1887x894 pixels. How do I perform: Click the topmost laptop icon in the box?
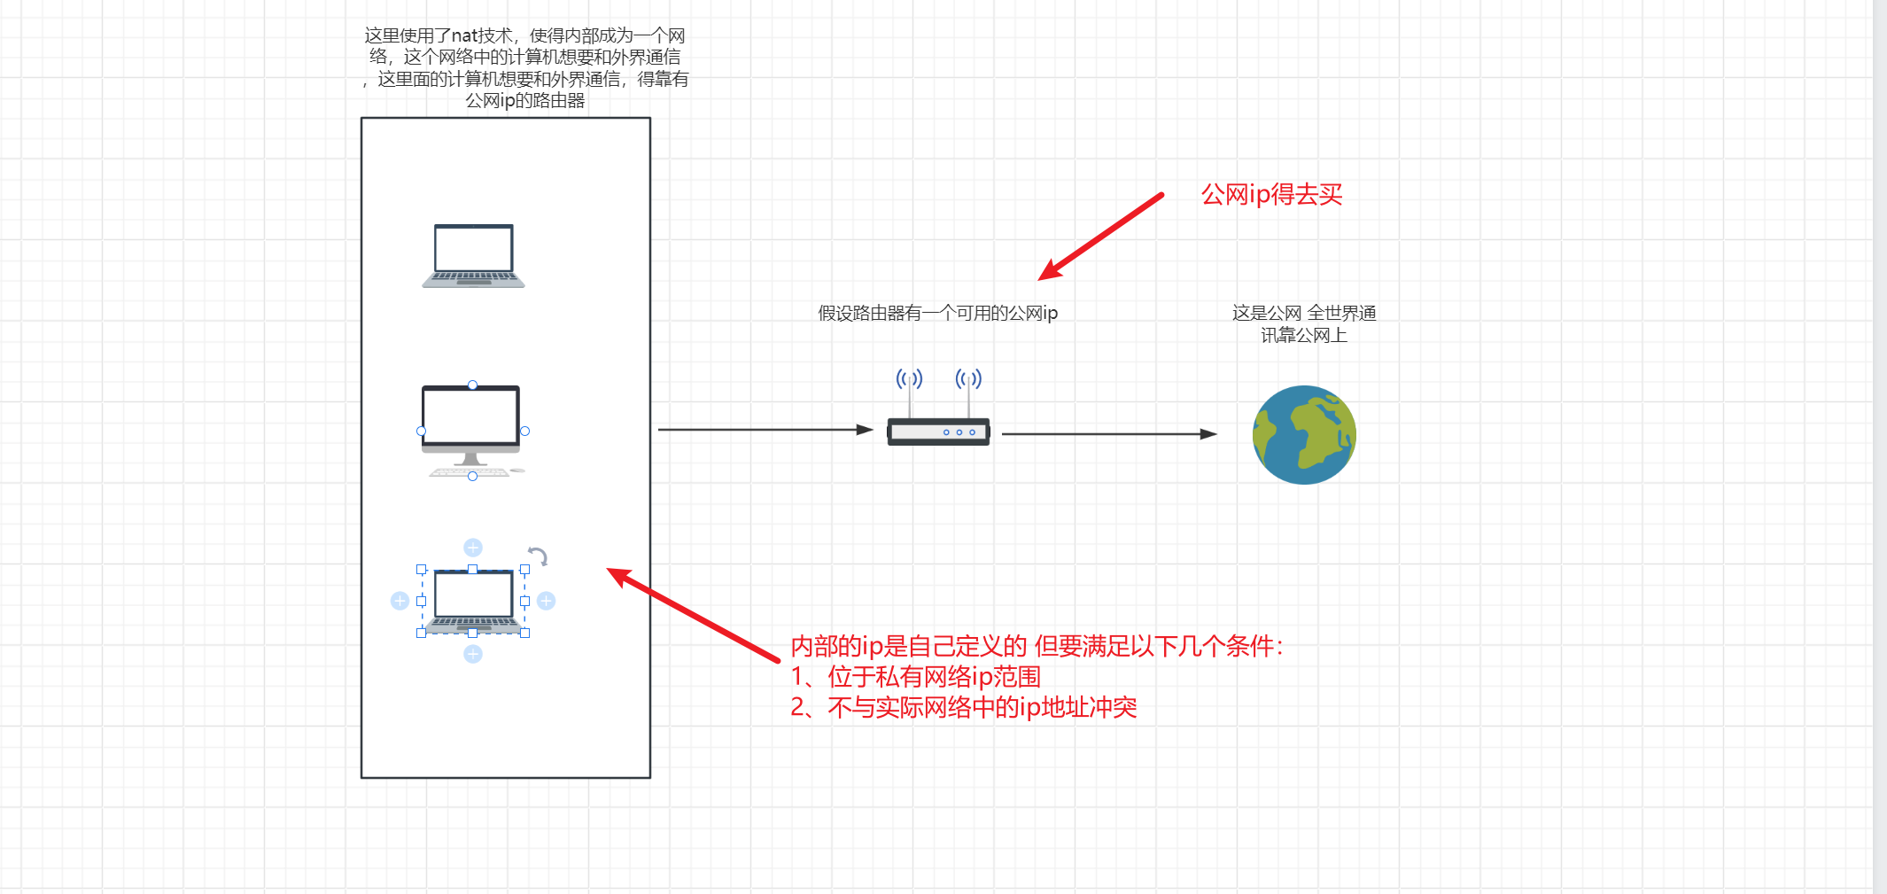coord(473,256)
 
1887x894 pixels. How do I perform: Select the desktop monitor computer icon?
coord(472,431)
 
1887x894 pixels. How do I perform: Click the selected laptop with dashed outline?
coord(473,602)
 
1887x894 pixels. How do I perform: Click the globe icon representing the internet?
coord(1304,435)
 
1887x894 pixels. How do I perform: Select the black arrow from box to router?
coord(765,430)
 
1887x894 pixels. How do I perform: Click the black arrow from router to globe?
coord(1109,434)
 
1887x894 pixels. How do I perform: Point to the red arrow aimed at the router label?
coord(1101,237)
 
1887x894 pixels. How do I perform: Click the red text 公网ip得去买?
coord(1271,194)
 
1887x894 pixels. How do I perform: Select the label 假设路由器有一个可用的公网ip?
coord(937,313)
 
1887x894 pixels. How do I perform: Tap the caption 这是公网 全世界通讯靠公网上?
coord(1304,323)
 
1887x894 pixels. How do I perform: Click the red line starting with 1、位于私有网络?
coord(915,677)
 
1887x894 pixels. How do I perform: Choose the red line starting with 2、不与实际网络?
coord(963,707)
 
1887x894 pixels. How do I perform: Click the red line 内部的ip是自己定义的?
coord(1037,646)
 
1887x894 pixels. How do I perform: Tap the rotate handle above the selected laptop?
coord(538,556)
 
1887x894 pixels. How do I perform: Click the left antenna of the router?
coord(909,393)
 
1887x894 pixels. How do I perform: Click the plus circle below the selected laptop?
coord(473,654)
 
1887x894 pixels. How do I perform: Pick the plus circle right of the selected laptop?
coord(547,601)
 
